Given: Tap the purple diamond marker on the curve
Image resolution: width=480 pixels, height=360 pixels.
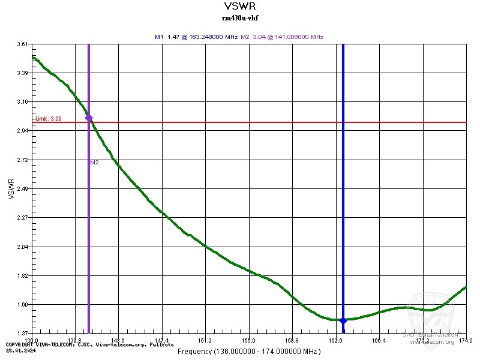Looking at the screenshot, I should click(x=89, y=118).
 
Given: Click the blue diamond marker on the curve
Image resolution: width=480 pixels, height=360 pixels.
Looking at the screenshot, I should click(x=343, y=320).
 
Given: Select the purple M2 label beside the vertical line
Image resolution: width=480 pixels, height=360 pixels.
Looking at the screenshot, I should click(x=94, y=163).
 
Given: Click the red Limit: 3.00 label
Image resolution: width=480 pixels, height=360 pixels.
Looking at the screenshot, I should click(x=49, y=119).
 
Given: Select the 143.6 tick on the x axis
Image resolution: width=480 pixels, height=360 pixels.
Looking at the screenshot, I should click(x=118, y=340).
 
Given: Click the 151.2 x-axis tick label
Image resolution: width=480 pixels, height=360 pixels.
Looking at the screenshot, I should click(x=205, y=340).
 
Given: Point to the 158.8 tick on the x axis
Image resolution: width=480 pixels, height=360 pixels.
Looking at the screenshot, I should click(x=292, y=340).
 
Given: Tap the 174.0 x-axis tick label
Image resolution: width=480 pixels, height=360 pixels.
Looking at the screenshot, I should click(x=466, y=340).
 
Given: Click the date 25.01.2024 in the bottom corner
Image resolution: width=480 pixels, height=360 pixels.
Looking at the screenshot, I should click(x=19, y=349).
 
